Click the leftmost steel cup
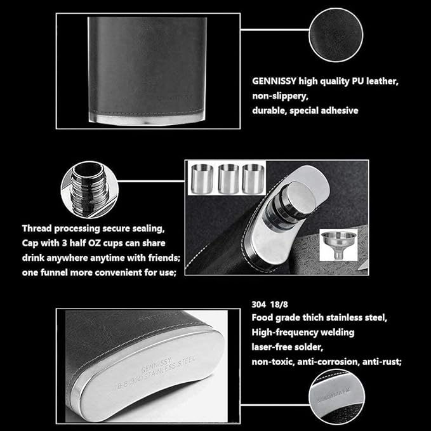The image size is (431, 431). (202, 180)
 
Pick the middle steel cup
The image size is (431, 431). (228, 180)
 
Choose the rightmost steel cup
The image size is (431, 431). (253, 180)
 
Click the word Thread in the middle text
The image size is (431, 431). (38, 227)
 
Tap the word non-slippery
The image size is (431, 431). (280, 96)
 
